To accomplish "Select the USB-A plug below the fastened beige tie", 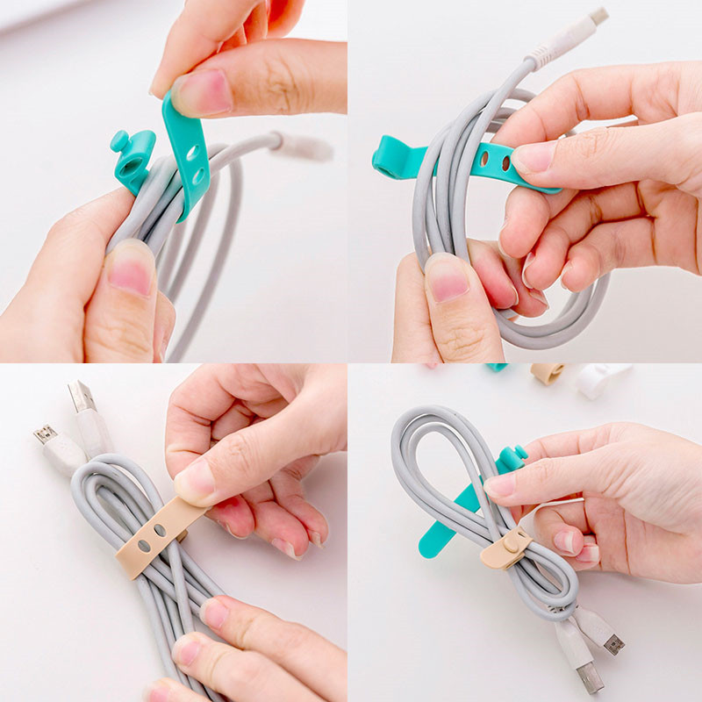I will [x=587, y=675].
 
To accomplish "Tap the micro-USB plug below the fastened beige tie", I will [x=610, y=640].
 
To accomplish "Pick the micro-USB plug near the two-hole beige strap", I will [x=46, y=436].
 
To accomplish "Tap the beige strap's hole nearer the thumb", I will [x=161, y=531].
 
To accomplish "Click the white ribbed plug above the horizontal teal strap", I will [x=570, y=37].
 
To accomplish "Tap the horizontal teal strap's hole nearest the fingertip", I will [x=504, y=163].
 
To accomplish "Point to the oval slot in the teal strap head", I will [x=132, y=165].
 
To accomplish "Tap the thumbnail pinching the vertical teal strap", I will [x=200, y=92].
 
